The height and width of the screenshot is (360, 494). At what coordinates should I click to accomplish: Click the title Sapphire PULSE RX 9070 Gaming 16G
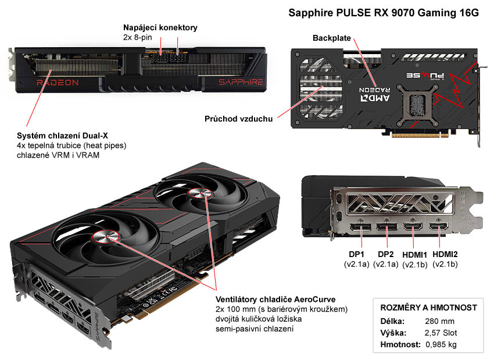(384, 13)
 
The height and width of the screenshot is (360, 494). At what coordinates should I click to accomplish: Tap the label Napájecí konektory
(160, 27)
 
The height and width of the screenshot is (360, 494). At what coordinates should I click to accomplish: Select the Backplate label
(332, 38)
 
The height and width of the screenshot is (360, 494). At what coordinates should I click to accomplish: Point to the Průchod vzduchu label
(238, 119)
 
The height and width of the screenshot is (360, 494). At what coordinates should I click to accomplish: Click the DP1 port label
(356, 254)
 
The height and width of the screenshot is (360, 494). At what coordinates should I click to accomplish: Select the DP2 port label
(386, 254)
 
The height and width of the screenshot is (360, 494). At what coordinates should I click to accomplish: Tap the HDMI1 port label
(415, 254)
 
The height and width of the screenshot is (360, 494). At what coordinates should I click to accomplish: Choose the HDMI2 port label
(445, 254)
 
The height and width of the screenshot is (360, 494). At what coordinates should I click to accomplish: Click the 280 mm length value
(439, 321)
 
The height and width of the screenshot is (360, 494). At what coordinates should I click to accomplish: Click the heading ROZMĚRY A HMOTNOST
(428, 307)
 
